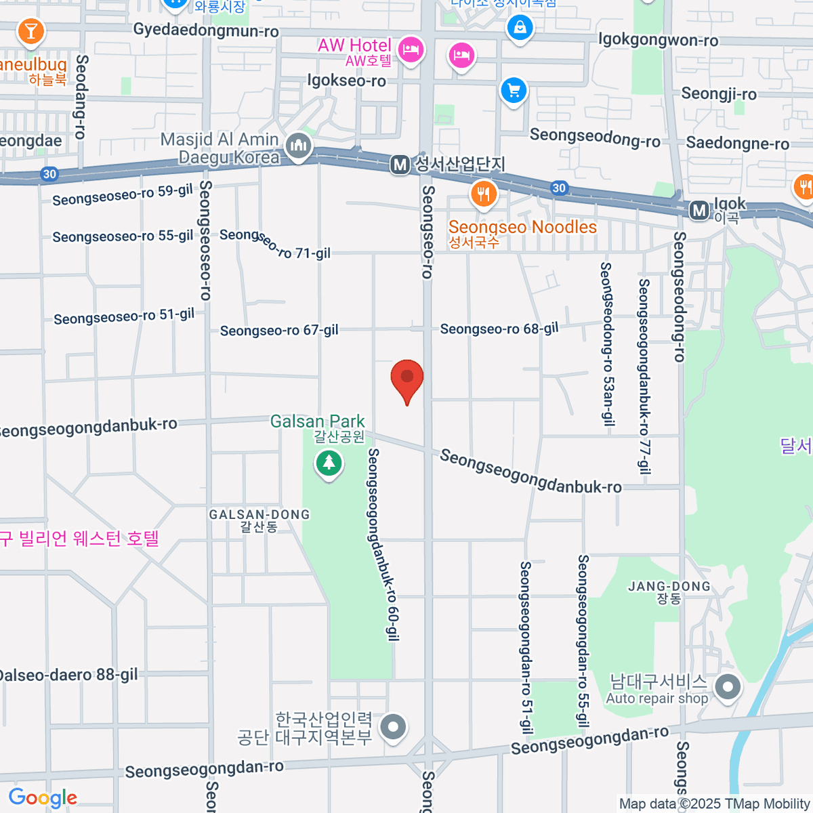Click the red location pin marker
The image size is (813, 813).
407,379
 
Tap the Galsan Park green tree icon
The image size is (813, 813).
329,463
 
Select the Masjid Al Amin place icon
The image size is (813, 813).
298,146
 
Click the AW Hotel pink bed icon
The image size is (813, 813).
411,49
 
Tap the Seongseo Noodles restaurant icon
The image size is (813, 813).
483,194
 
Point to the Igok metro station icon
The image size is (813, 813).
699,211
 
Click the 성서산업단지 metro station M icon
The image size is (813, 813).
400,164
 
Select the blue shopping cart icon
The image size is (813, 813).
514,90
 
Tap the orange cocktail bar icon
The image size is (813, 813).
30,30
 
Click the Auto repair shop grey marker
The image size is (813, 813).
728,688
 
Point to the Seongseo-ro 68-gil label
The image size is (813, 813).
499,329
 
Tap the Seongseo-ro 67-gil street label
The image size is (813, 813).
279,331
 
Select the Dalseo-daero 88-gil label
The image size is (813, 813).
68,675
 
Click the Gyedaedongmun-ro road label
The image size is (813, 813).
206,30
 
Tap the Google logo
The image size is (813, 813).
43,798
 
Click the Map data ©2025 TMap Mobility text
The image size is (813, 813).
715,804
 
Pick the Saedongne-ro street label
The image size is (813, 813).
737,144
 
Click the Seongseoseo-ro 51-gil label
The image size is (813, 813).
124,316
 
